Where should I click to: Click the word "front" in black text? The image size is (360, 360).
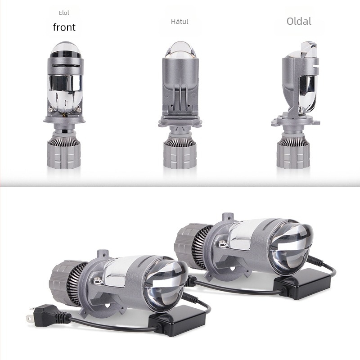pyautogui.click(x=64, y=27)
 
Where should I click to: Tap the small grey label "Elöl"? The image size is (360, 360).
pyautogui.click(x=64, y=13)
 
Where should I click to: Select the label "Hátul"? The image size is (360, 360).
pyautogui.click(x=180, y=22)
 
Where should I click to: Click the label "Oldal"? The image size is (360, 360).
pyautogui.click(x=299, y=21)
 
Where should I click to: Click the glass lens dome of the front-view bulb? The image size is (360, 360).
pyautogui.click(x=65, y=49)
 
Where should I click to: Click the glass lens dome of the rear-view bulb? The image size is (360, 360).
pyautogui.click(x=180, y=49)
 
